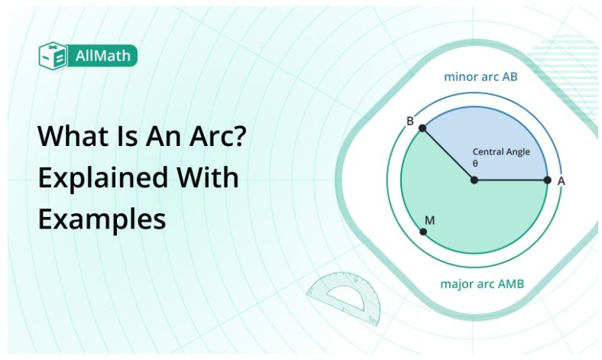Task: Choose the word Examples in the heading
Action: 102,219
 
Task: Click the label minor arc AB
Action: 481,77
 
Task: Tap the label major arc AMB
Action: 482,284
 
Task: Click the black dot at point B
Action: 422,128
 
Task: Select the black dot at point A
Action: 547,180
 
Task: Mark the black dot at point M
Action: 423,231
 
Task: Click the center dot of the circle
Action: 474,180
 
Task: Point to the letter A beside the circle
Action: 562,181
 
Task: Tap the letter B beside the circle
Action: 409,122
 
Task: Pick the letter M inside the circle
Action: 429,220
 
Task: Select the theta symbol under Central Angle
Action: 475,162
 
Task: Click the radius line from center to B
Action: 448,154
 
